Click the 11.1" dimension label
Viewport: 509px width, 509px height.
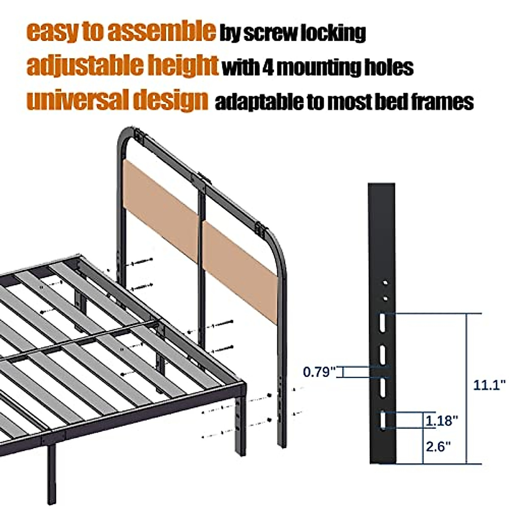(489, 385)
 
